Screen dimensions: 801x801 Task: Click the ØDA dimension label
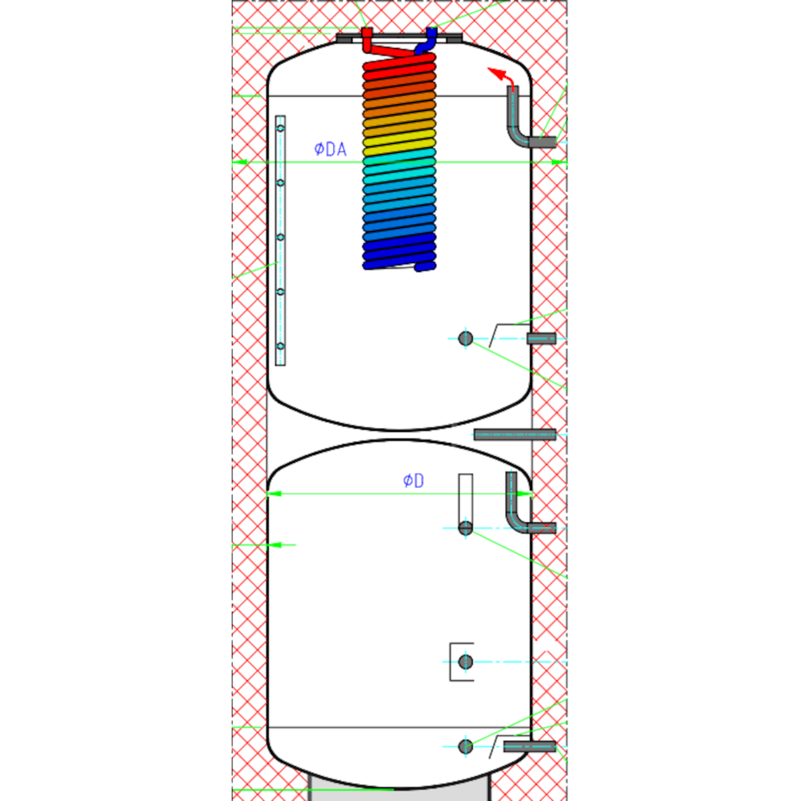coord(330,149)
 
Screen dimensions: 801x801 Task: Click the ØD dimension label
coord(413,481)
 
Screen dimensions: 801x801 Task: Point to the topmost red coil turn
coord(399,62)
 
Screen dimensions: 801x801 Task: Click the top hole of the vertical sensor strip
coord(280,128)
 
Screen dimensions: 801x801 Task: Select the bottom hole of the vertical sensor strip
coord(280,346)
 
